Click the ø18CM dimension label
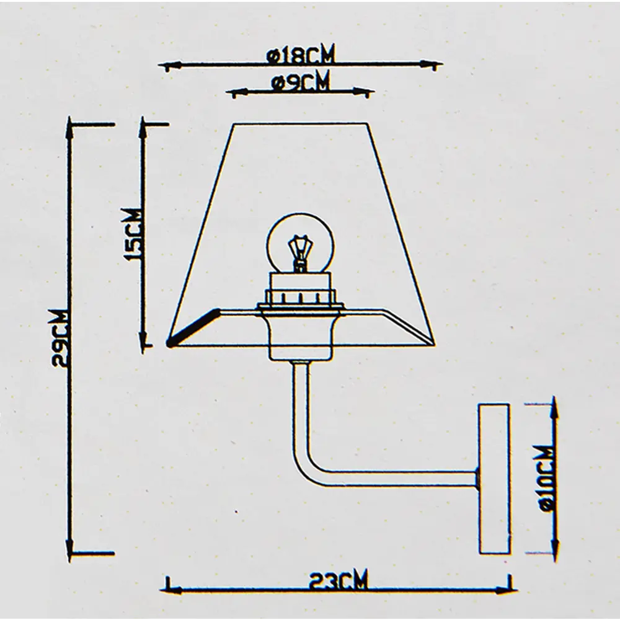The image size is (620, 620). [301, 56]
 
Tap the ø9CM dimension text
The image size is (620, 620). [300, 82]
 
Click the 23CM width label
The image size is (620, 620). [339, 582]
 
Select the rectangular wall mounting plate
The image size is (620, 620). [494, 478]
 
